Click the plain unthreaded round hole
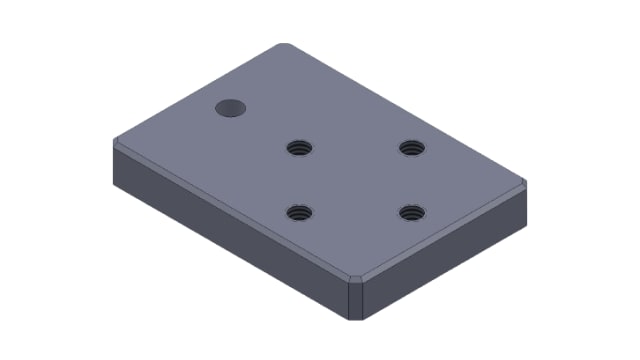point(231,106)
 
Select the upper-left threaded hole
point(298,148)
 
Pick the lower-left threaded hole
point(298,212)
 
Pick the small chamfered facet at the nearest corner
point(358,278)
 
